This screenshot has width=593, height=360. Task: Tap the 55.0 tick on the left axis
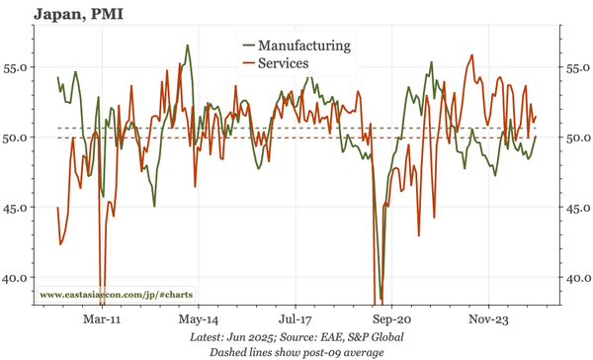coord(17,68)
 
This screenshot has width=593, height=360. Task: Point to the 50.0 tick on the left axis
coord(17,137)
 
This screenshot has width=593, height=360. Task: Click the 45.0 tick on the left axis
coord(17,208)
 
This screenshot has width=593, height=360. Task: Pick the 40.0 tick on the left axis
coord(17,278)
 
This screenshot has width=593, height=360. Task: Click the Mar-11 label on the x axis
coord(102,320)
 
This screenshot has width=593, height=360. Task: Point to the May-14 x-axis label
coord(199,320)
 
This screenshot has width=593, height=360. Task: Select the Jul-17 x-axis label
coord(295,320)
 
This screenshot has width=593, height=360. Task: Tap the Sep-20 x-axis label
coord(391,320)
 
